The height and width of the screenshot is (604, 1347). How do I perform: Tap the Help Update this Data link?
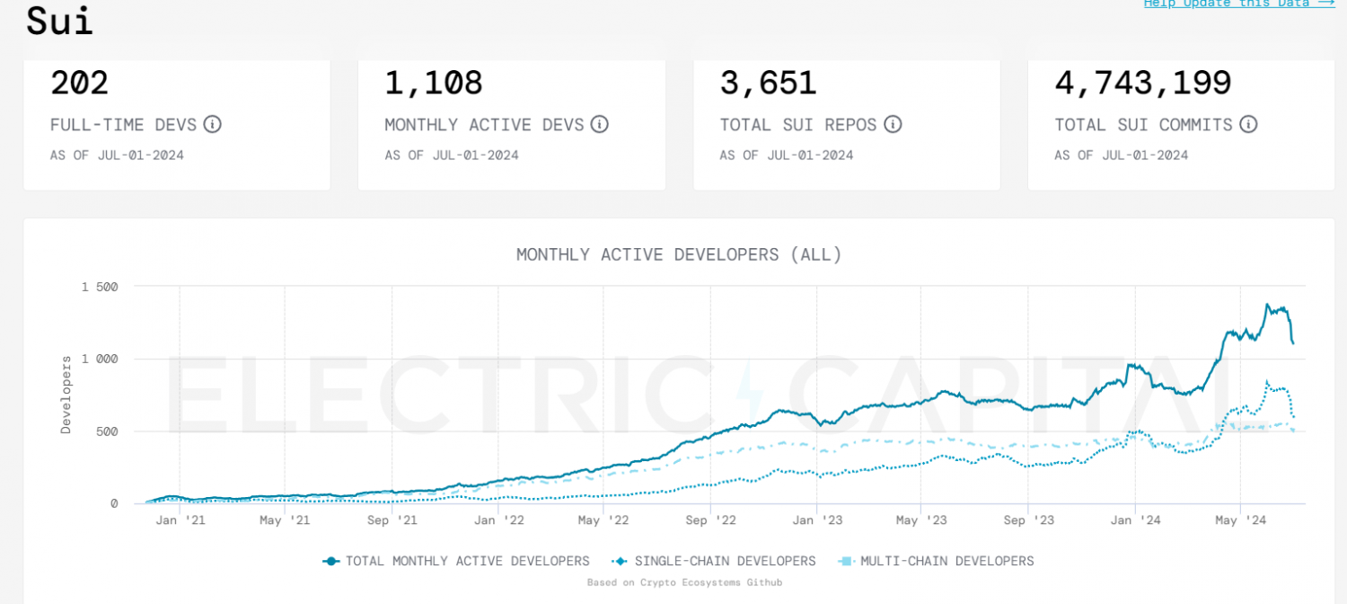tap(1238, 4)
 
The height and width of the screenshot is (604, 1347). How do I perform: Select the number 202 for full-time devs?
tap(80, 84)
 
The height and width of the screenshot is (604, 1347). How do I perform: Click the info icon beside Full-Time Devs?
tap(212, 124)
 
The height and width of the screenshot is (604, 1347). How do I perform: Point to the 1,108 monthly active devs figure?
tap(434, 84)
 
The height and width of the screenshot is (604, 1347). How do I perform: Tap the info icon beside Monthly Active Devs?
tap(599, 124)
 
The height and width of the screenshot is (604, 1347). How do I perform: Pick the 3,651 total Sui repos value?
tap(768, 84)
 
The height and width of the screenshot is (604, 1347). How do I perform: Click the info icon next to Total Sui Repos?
tap(893, 124)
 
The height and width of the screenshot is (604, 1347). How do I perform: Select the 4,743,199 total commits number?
tap(1142, 84)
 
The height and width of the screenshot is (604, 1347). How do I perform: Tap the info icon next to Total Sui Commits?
tap(1248, 124)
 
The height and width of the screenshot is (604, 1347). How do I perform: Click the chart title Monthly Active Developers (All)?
tap(679, 254)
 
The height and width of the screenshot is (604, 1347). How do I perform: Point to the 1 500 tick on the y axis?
tap(100, 287)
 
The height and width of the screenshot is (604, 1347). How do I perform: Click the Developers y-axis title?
tap(66, 395)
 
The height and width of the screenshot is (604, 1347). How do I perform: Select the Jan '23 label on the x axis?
tap(816, 520)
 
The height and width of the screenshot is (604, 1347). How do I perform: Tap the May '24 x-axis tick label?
tap(1239, 520)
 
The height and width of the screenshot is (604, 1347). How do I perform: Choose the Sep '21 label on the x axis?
tap(392, 520)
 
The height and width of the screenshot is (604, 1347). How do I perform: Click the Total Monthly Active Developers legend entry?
tap(456, 561)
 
